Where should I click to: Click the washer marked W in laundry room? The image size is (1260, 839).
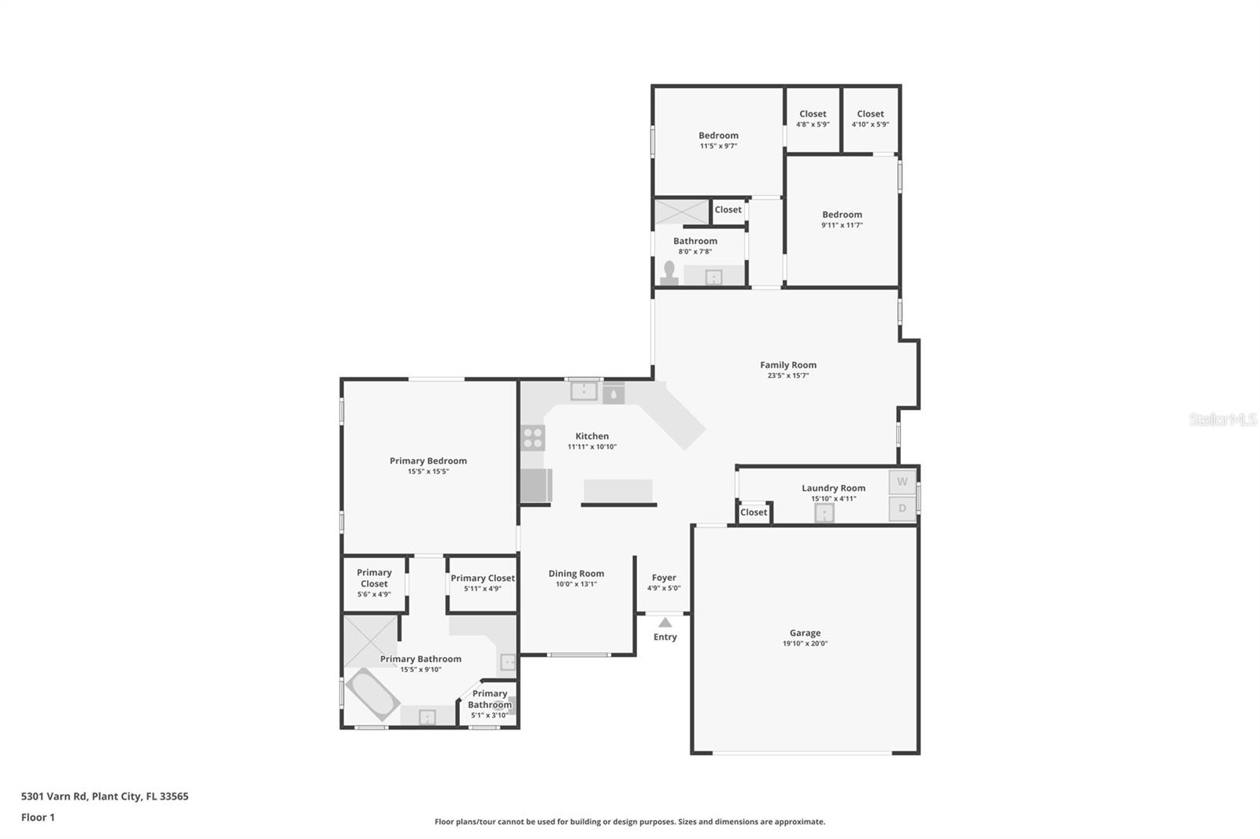click(x=902, y=482)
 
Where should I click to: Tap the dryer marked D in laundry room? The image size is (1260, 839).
click(x=902, y=508)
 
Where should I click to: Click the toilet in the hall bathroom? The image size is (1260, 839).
click(x=669, y=273)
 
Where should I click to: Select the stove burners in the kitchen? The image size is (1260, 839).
click(x=532, y=438)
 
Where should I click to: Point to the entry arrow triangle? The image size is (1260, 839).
click(x=665, y=622)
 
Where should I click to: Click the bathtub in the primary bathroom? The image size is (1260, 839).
click(x=372, y=694)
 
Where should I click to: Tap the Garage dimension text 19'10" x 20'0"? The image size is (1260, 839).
click(x=805, y=643)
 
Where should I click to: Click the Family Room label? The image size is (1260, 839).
click(x=788, y=365)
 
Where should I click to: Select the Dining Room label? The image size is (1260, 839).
click(x=576, y=574)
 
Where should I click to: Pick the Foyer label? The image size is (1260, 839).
click(x=664, y=578)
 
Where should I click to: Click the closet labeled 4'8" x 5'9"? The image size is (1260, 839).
click(x=813, y=119)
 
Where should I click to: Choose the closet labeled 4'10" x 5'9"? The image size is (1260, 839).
click(x=870, y=119)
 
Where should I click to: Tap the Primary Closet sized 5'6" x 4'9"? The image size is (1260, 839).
click(x=374, y=584)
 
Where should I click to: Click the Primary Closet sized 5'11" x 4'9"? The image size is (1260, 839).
click(x=483, y=584)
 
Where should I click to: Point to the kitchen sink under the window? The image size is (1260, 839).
click(x=584, y=391)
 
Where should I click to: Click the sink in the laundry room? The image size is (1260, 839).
click(x=824, y=513)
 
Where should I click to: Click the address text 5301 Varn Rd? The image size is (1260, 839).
click(x=54, y=796)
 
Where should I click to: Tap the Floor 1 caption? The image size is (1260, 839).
click(x=38, y=818)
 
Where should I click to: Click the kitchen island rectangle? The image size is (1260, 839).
click(x=618, y=491)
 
